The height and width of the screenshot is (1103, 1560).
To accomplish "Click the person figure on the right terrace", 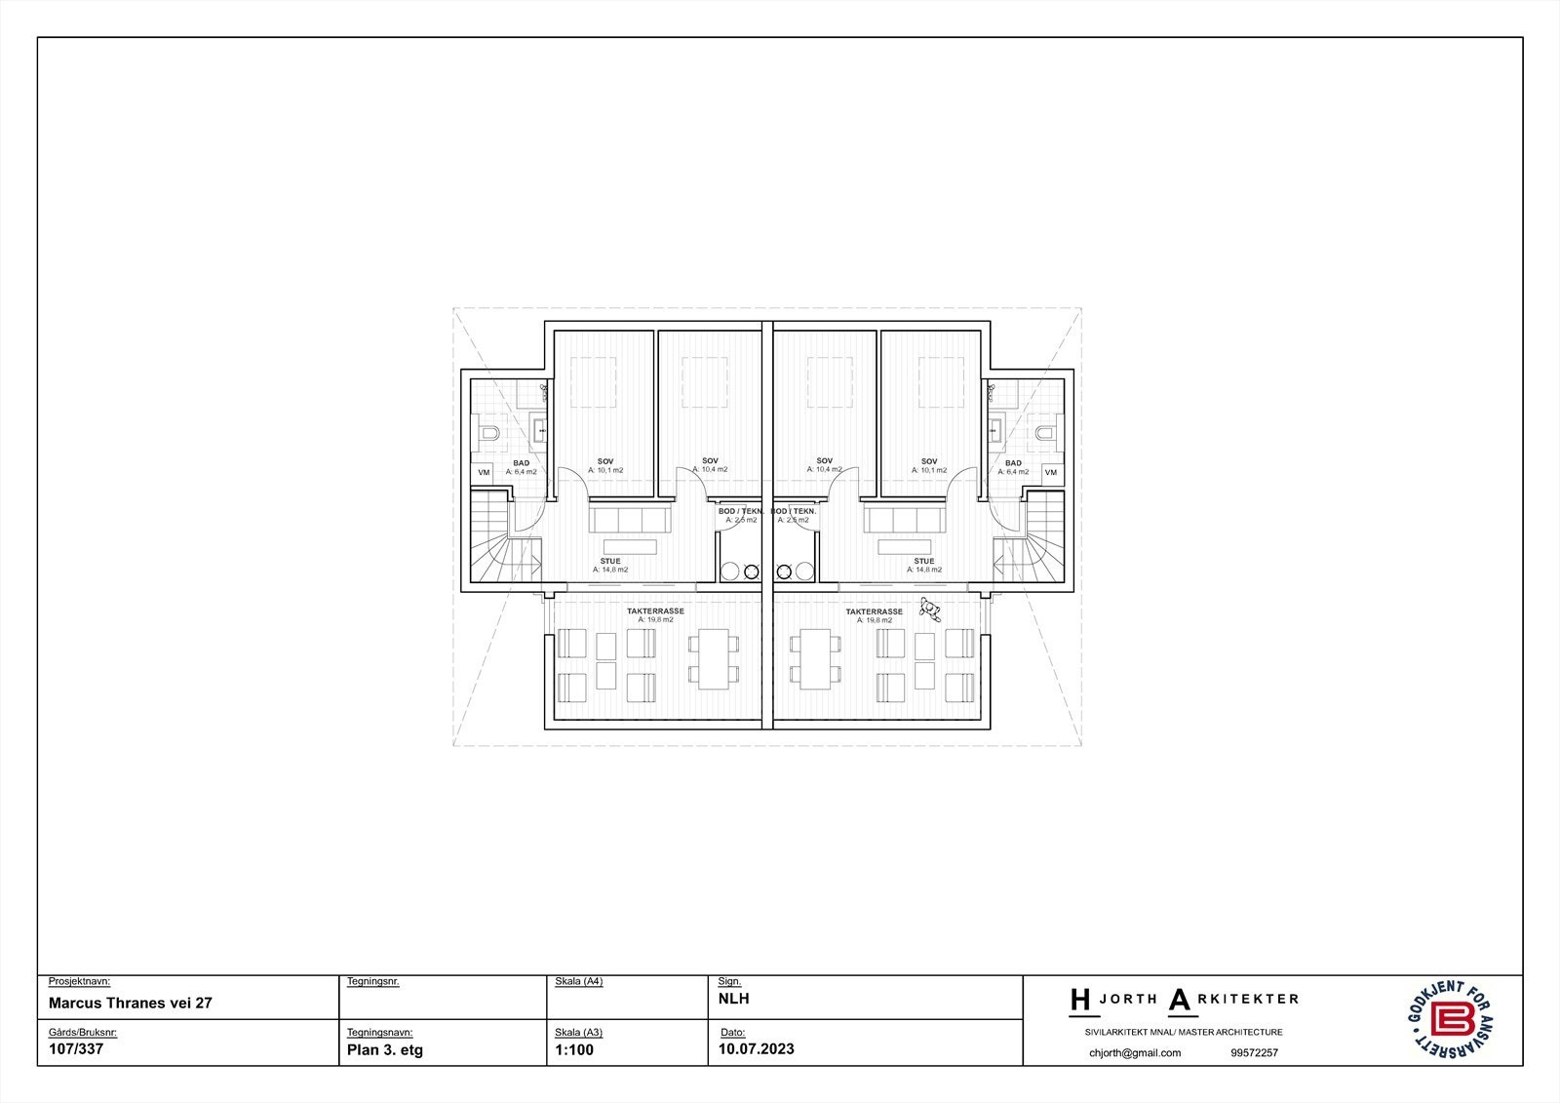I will [x=932, y=611].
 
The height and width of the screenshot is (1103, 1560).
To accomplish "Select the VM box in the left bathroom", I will [x=484, y=472].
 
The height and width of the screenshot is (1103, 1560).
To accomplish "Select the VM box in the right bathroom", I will [x=1050, y=472].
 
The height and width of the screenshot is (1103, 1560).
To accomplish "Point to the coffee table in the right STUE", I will [x=904, y=547].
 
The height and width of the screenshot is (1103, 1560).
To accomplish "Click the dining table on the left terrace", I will [x=717, y=658].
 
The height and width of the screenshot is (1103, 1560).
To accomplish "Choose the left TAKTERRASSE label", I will [x=655, y=611].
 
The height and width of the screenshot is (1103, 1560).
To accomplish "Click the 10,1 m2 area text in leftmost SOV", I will [x=605, y=470].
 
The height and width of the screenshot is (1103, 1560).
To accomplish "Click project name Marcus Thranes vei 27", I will [x=130, y=1003].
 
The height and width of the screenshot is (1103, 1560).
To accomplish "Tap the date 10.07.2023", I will [x=757, y=1049].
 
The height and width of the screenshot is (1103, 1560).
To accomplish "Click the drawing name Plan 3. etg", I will [x=384, y=1050].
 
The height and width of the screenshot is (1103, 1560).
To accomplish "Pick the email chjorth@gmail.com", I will [x=1134, y=1052].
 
